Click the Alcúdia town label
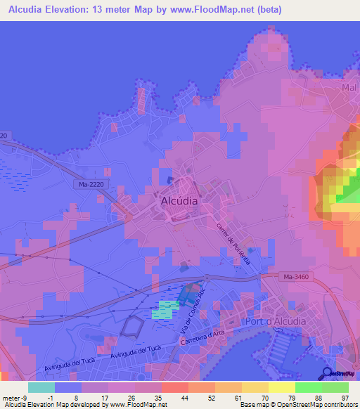point(179,200)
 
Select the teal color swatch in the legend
point(41,387)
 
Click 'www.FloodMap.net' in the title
point(229,9)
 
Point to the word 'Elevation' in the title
point(79,9)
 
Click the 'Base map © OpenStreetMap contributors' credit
point(298,405)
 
